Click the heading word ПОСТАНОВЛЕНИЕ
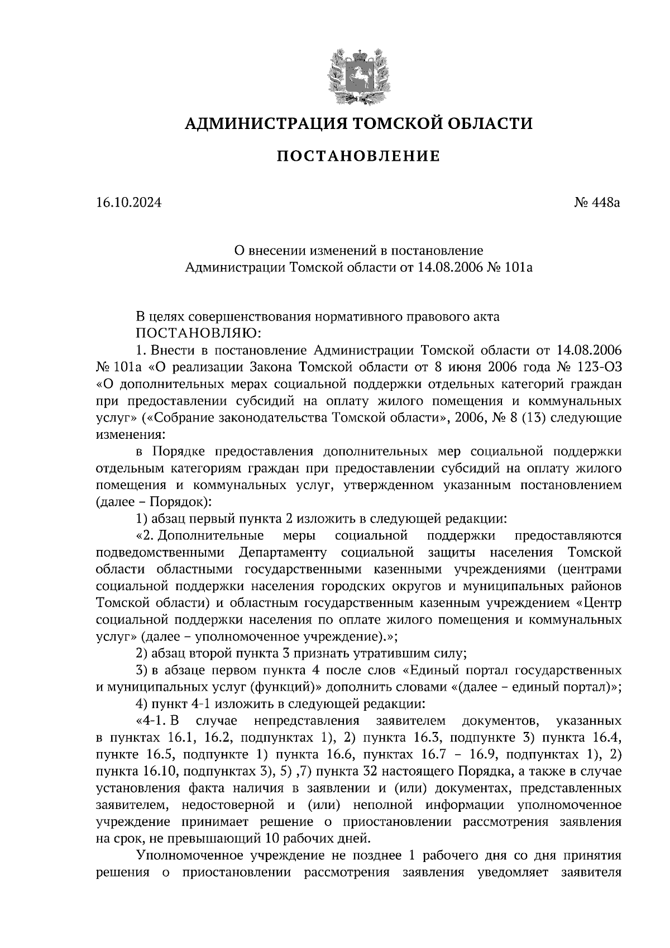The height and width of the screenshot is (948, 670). (358, 156)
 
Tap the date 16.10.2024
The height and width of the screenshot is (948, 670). (128, 203)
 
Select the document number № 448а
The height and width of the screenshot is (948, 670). (597, 203)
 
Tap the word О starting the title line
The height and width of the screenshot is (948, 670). (238, 250)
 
